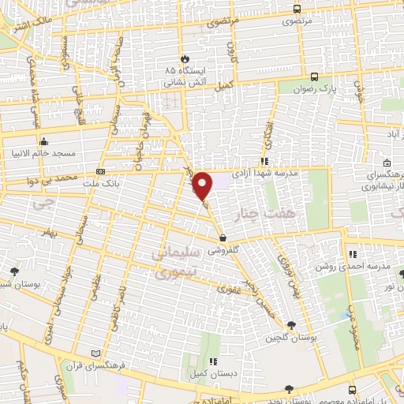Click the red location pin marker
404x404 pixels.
(203, 186)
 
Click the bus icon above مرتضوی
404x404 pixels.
(296, 9)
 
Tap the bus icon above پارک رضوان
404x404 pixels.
(315, 77)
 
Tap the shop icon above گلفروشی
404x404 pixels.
(223, 237)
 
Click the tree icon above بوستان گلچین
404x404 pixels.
(291, 325)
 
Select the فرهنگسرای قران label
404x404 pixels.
(95, 365)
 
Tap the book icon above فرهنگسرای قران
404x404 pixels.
(95, 353)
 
